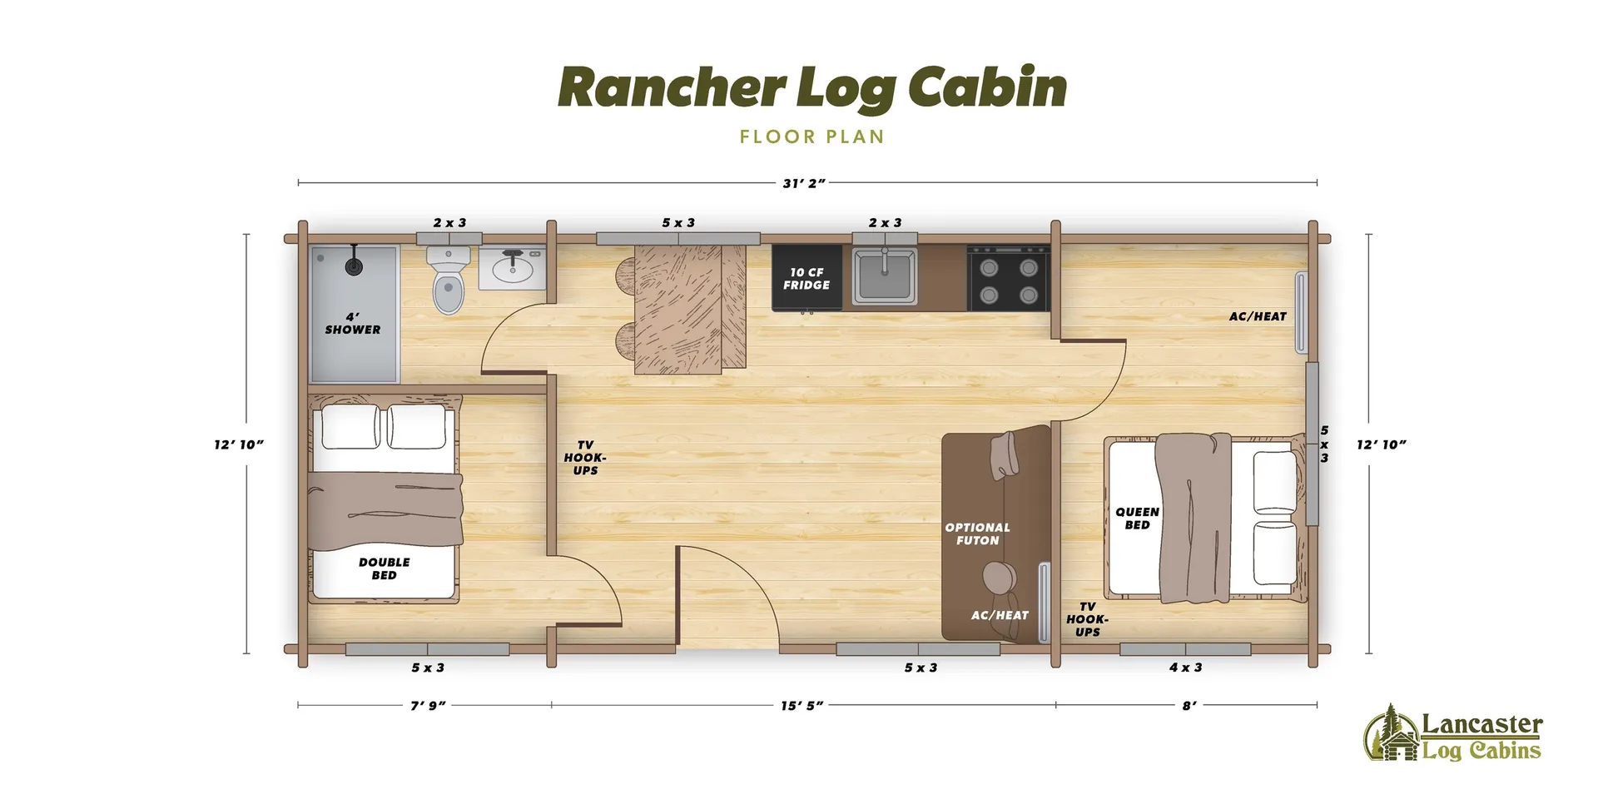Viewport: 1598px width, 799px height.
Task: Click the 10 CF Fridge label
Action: click(806, 279)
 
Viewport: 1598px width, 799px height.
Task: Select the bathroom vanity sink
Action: click(512, 268)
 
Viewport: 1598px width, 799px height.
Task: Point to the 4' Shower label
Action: click(353, 324)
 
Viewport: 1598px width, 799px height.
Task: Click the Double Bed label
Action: click(384, 568)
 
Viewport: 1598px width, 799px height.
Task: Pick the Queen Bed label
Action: click(1137, 518)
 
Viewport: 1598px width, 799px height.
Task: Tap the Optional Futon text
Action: click(977, 533)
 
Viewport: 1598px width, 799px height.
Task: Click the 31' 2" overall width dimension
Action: click(803, 183)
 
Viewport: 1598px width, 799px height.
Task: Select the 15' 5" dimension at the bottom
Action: click(801, 706)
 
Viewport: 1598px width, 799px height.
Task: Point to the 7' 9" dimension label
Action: click(428, 706)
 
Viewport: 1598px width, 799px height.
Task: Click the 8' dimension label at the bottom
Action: click(1189, 706)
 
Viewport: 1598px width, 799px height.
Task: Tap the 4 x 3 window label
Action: click(1185, 667)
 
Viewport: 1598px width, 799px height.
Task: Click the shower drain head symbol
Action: click(355, 266)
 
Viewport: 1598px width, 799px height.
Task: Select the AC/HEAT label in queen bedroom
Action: click(1258, 316)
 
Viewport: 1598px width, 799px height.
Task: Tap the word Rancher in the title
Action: click(672, 88)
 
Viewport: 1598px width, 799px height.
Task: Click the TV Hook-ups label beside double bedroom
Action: click(585, 458)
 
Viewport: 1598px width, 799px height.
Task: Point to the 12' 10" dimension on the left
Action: click(239, 444)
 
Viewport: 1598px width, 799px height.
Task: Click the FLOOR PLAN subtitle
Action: click(811, 137)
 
